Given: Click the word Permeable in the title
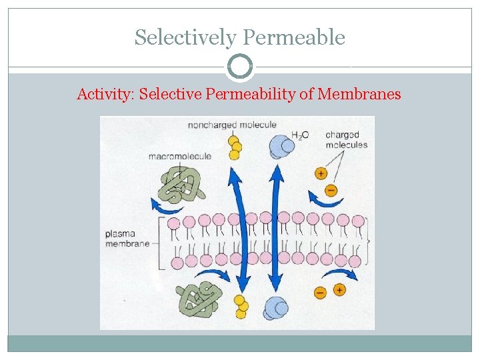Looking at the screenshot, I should (x=294, y=37).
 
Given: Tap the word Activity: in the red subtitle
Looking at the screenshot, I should (x=105, y=94).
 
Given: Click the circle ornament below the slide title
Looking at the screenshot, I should (x=240, y=67).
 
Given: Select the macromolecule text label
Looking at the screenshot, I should (x=179, y=156).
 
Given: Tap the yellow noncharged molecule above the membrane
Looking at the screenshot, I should (x=234, y=147).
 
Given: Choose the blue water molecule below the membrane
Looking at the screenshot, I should (x=275, y=307).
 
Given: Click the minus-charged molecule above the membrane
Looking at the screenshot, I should (x=332, y=189).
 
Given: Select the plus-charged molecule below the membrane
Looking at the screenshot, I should (x=339, y=289).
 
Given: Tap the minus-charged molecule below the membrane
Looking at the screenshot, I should (x=320, y=292).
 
